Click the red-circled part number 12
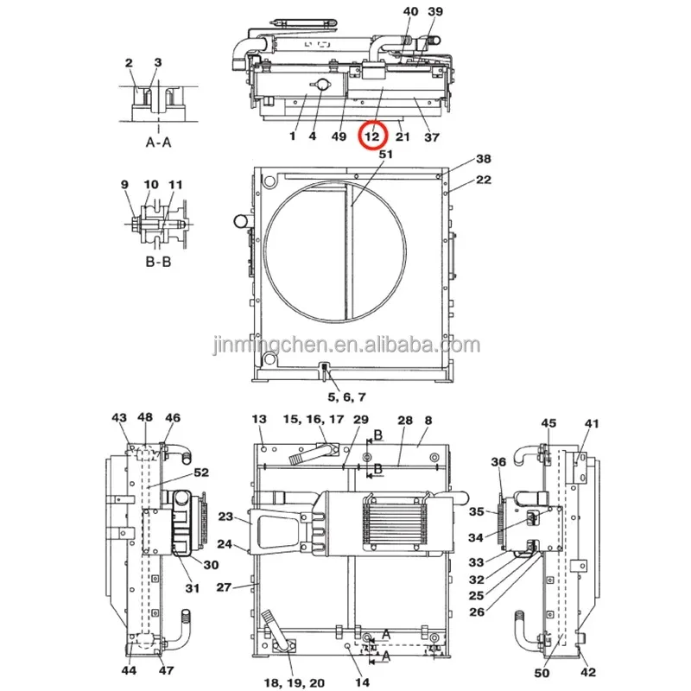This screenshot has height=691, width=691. pos(372,136)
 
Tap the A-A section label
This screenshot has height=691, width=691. pos(158,143)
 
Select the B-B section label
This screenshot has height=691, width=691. pos(158,262)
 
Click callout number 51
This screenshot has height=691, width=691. pos(385,155)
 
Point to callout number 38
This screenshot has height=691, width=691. pos(484,159)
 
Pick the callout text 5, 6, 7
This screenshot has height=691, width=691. pos(347,397)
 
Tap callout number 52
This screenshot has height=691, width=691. pos(201,472)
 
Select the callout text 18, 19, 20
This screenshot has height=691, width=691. pos(295,683)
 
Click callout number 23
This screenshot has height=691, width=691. pos(225,516)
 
